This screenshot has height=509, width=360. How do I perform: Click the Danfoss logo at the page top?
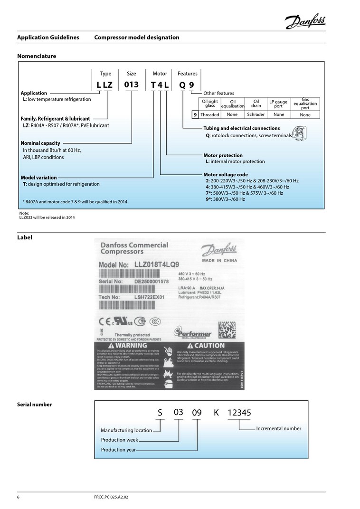(305, 21)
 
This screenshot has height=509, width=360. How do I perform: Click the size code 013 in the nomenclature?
(131, 85)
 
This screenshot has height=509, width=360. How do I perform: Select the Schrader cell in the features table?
(256, 114)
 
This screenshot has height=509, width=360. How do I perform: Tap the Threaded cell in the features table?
(210, 114)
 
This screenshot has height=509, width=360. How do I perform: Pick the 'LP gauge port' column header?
(278, 104)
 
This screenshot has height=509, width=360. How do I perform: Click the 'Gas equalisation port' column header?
(305, 104)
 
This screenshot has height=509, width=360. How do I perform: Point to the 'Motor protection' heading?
(223, 155)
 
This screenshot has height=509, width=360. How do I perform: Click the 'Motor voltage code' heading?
(226, 174)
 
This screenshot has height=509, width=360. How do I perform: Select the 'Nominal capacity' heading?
(40, 143)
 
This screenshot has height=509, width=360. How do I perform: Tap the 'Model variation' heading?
(38, 178)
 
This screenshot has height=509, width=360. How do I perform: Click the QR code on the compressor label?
(227, 330)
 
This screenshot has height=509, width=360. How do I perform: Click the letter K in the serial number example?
(216, 413)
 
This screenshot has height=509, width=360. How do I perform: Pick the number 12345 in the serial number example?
(239, 413)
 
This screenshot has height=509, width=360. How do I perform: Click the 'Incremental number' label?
(278, 428)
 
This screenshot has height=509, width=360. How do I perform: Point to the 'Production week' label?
(119, 440)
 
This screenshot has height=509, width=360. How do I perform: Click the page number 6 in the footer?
(19, 497)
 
